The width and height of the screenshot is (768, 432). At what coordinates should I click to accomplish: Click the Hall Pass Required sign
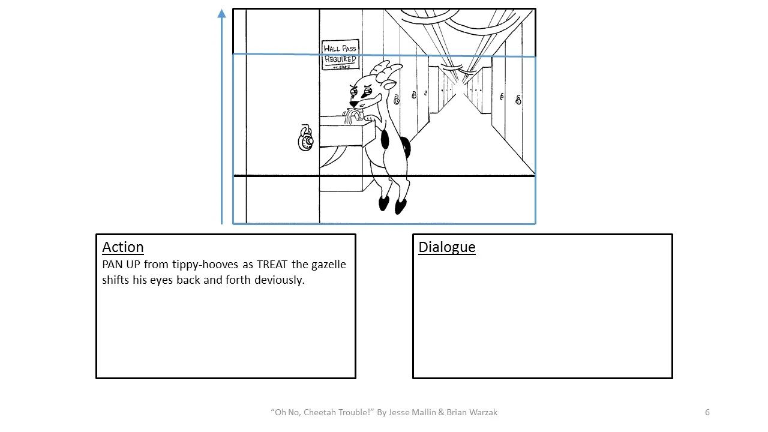tap(340, 55)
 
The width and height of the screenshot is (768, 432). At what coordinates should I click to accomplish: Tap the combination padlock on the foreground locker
tap(305, 139)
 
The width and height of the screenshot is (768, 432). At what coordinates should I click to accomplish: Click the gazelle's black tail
tap(406, 146)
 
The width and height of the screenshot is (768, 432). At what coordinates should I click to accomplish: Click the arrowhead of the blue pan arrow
tap(222, 13)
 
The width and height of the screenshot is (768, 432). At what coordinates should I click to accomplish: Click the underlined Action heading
tap(123, 247)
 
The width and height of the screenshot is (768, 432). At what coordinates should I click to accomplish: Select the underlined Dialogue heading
tap(447, 247)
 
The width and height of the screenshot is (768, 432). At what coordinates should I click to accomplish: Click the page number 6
tap(707, 412)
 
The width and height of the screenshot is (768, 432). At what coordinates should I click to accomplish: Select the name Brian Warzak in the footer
tap(472, 412)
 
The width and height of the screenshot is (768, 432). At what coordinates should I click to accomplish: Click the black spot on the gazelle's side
tap(384, 140)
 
